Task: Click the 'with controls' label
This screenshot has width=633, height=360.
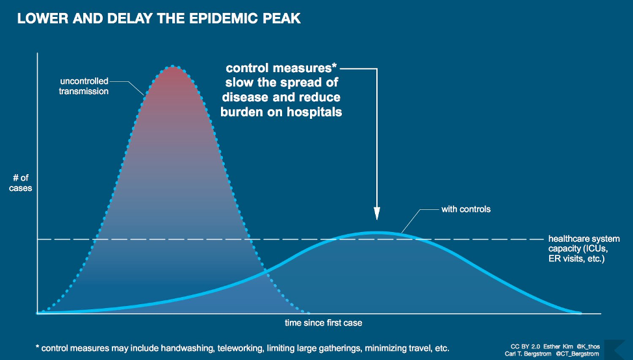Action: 466,209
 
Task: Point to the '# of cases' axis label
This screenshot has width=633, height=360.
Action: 21,183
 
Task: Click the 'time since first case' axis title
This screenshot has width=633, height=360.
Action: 323,322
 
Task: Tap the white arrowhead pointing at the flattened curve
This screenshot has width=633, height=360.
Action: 376,214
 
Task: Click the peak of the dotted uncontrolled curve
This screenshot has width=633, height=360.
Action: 172,66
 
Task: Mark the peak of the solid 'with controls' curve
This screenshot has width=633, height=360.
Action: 376,232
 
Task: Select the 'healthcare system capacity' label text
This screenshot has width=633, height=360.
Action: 584,248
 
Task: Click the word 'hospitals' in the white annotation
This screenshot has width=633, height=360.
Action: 314,112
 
